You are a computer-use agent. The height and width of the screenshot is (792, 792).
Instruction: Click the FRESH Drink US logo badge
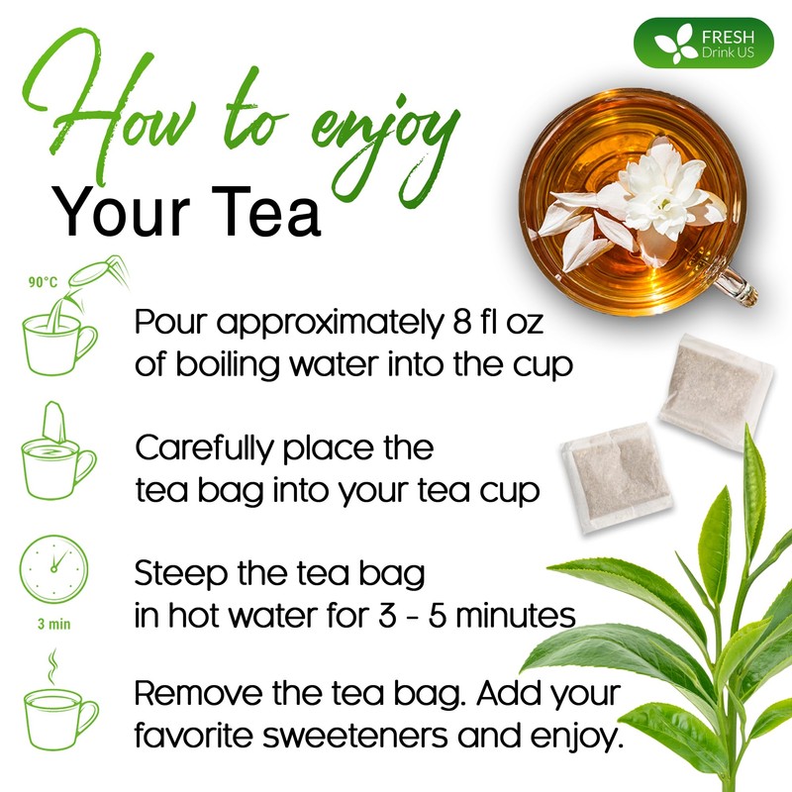pyautogui.click(x=704, y=43)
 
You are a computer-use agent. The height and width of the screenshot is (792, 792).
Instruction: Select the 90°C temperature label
pyautogui.click(x=43, y=282)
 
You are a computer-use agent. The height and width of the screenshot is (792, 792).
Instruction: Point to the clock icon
pyautogui.click(x=54, y=569)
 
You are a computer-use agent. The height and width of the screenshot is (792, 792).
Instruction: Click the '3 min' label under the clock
pyautogui.click(x=54, y=625)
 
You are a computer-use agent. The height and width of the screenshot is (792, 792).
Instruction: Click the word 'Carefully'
pyautogui.click(x=206, y=448)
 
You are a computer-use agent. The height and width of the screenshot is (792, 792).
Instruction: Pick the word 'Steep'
pyautogui.click(x=180, y=574)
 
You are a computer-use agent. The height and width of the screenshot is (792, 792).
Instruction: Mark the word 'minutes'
pyautogui.click(x=516, y=615)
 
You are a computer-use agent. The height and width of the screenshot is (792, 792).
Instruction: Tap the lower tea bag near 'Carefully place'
pyautogui.click(x=616, y=478)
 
